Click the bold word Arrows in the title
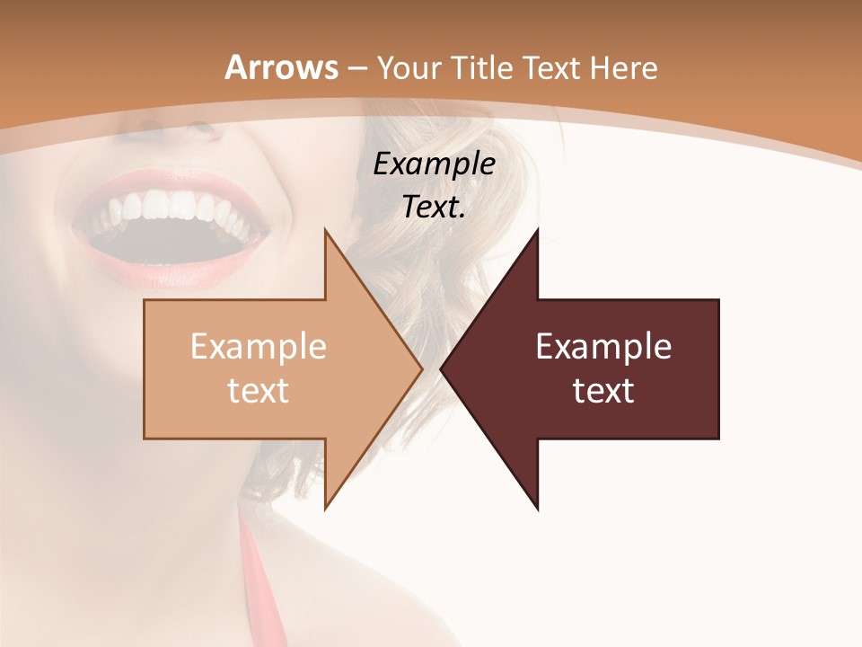[281, 67]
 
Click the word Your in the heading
[409, 67]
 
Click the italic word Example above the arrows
[434, 164]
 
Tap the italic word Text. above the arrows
[434, 208]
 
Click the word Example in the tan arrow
[258, 347]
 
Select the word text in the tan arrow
[258, 391]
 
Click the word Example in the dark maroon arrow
[603, 347]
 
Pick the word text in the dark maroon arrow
[603, 391]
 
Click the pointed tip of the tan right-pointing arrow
[420, 368]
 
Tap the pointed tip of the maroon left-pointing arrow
[443, 368]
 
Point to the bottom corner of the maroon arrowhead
[537, 509]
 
